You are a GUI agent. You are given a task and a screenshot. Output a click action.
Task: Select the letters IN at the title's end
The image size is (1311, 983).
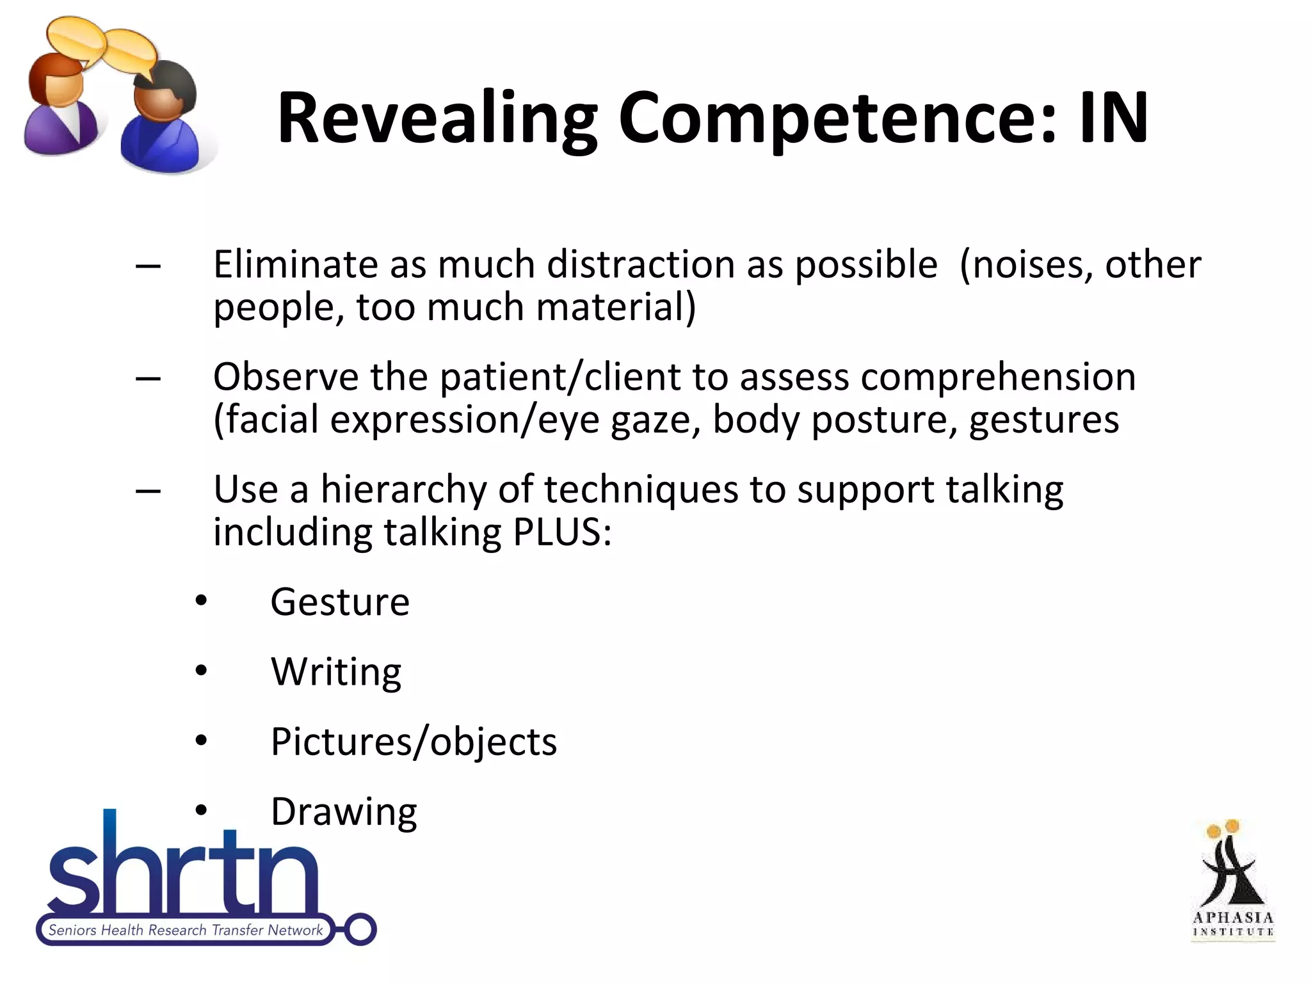pos(1114,118)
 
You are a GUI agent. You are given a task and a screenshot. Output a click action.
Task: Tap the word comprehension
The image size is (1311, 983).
pos(998,378)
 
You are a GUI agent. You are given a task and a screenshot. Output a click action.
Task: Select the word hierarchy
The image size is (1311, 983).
pos(404,490)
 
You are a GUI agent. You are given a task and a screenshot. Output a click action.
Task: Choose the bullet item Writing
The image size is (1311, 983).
pos(336,673)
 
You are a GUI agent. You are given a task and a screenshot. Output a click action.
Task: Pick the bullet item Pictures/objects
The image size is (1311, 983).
pos(414,742)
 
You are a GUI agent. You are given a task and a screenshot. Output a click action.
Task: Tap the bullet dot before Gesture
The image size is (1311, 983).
pos(202,601)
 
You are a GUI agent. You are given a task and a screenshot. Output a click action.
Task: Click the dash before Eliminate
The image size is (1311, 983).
pos(148,265)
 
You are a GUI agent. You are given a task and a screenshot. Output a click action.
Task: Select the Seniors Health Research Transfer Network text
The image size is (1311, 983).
pos(186,930)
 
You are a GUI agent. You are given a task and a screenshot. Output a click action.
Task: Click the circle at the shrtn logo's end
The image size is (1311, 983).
pos(360,929)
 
